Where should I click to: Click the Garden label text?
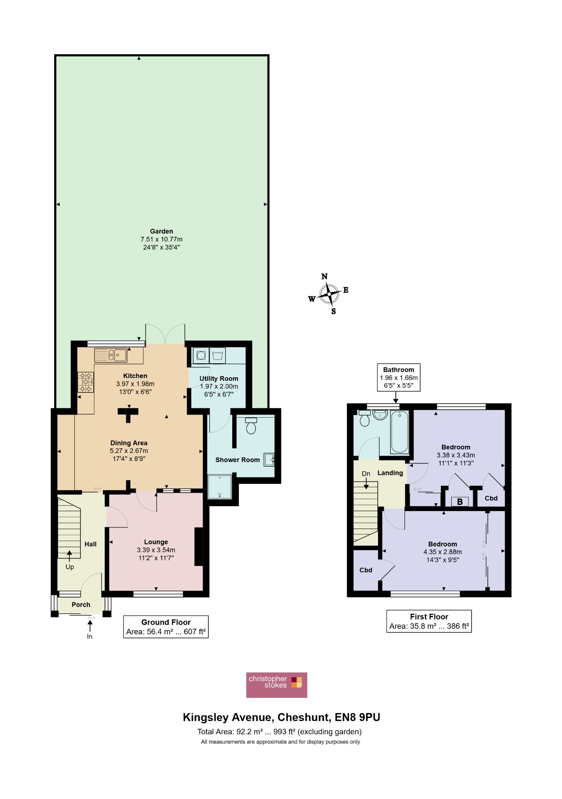tap(161, 231)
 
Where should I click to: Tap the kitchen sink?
tap(111, 355)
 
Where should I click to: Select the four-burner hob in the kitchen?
tap(86, 382)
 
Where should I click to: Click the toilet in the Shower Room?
tap(251, 425)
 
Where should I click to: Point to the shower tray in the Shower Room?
tap(220, 487)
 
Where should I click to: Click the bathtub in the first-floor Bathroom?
tap(399, 432)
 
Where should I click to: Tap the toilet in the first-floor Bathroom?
tap(365, 418)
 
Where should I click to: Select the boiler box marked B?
tap(460, 502)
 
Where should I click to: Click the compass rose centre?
tap(329, 294)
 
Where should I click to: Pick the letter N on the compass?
tap(324, 277)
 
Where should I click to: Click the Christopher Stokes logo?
tap(277, 685)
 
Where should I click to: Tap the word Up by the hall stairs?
tap(70, 567)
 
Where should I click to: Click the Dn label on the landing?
tap(366, 474)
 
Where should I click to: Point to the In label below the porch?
tap(90, 636)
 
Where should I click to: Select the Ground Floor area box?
tap(166, 627)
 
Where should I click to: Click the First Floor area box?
tap(429, 621)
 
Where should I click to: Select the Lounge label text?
tap(156, 542)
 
